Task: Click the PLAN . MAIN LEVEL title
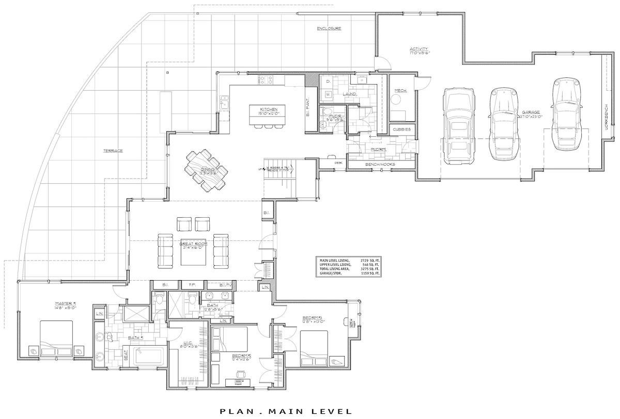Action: coord(286,411)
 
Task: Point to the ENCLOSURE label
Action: coord(329,28)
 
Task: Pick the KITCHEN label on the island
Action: coord(269,109)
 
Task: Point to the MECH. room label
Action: coord(400,91)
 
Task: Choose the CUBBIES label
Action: coord(401,129)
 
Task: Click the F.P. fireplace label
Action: coord(192,284)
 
